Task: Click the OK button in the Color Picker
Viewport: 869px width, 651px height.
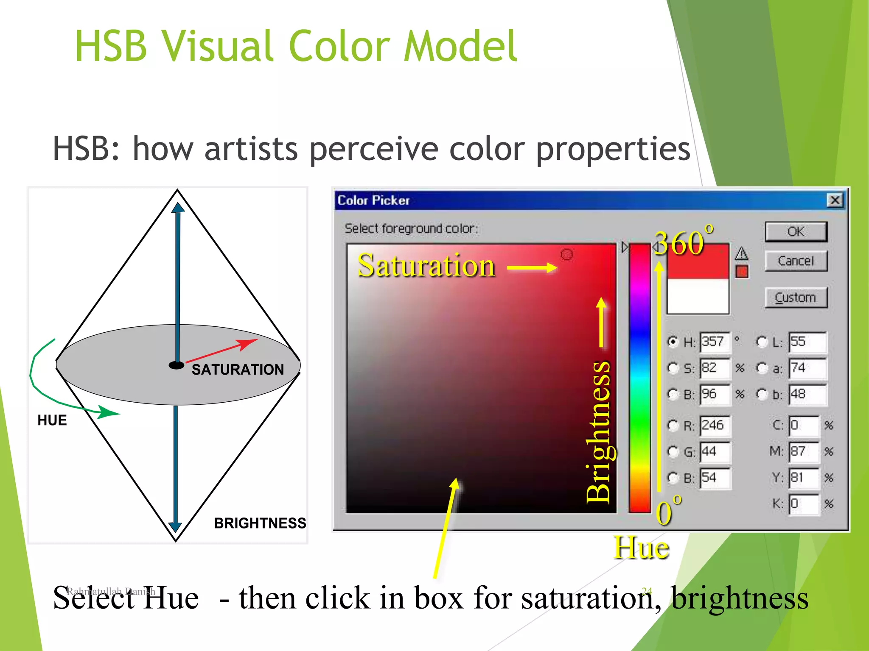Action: (796, 232)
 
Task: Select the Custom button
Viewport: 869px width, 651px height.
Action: (796, 298)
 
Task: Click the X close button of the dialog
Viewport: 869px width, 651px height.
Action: (835, 200)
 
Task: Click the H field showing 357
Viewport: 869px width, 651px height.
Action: (715, 342)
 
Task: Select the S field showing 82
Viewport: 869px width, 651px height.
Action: (715, 368)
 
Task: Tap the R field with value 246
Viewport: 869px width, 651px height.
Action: (715, 426)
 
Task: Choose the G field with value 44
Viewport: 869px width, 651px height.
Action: (715, 452)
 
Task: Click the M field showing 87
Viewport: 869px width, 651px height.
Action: (803, 452)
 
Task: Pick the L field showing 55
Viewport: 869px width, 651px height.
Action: (807, 342)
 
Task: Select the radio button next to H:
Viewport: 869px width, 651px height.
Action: (673, 342)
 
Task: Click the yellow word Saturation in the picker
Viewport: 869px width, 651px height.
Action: (426, 266)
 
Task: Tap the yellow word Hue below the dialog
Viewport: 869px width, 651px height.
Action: (641, 548)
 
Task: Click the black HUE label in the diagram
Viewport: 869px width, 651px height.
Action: (52, 420)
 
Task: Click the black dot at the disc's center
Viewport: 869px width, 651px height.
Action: (177, 365)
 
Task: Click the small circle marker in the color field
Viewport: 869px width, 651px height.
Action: (567, 254)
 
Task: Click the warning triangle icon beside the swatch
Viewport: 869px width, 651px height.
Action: (741, 253)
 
